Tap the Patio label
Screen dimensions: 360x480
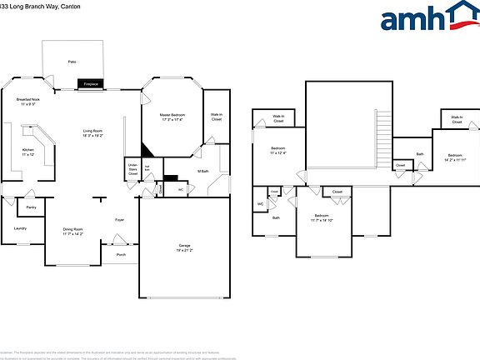coord(72,62)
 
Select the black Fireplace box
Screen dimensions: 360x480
coord(91,84)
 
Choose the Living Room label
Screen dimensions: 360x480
coord(92,132)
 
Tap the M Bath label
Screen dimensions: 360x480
coord(202,171)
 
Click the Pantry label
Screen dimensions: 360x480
coord(31,207)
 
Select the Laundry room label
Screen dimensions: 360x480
coord(20,227)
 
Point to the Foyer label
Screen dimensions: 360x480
coord(120,220)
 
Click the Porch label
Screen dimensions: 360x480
coord(121,254)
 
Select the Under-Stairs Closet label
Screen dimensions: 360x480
coord(132,169)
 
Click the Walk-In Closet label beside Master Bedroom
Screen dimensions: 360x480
coord(216,117)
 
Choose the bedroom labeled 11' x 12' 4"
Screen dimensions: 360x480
coord(277,151)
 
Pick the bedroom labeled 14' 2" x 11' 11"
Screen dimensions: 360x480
coord(454,157)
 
